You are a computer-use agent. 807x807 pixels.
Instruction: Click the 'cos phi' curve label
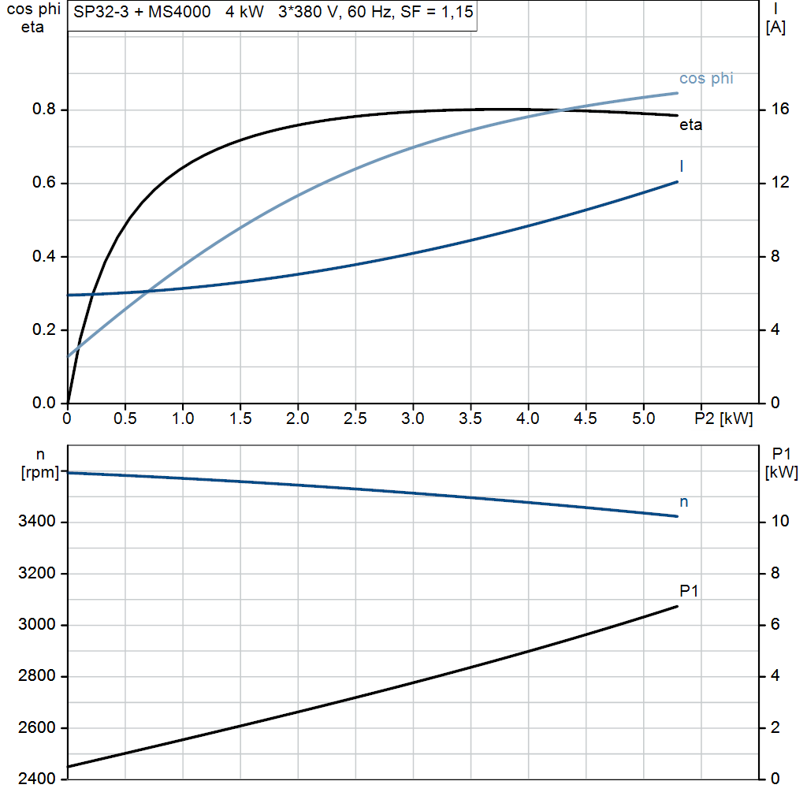click(706, 79)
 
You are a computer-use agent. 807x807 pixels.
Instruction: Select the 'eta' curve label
click(690, 125)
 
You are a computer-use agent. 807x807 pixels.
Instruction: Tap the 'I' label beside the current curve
click(681, 166)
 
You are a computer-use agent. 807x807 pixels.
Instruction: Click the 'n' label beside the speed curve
click(683, 502)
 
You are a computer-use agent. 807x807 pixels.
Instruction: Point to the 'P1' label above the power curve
click(689, 591)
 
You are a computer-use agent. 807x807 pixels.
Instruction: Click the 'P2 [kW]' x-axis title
click(723, 419)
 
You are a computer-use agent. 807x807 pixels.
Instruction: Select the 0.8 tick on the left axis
click(44, 110)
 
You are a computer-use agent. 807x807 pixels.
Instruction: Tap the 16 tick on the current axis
click(780, 110)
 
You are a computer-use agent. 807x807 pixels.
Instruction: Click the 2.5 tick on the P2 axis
click(355, 419)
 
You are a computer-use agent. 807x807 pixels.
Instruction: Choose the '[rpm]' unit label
click(39, 472)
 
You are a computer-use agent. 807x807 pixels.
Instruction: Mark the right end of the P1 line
click(677, 606)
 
